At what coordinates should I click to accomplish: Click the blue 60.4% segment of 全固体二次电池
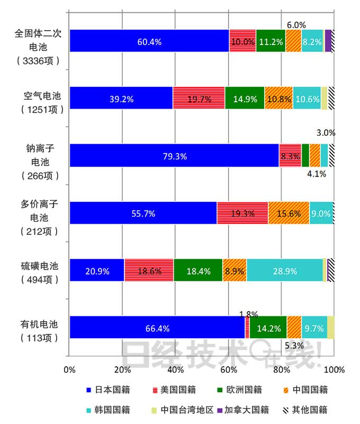tap(149, 41)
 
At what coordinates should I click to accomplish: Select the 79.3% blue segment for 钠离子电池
tap(174, 155)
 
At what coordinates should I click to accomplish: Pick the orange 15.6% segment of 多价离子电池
tap(289, 213)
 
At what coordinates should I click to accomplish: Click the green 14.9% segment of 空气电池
tap(245, 98)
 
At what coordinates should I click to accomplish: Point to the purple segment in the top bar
tap(328, 41)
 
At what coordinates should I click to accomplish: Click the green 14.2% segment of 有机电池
tap(268, 327)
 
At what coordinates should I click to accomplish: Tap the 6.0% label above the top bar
tap(296, 24)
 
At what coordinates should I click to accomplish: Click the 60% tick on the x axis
tap(228, 369)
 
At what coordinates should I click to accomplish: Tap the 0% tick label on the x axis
tap(69, 369)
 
